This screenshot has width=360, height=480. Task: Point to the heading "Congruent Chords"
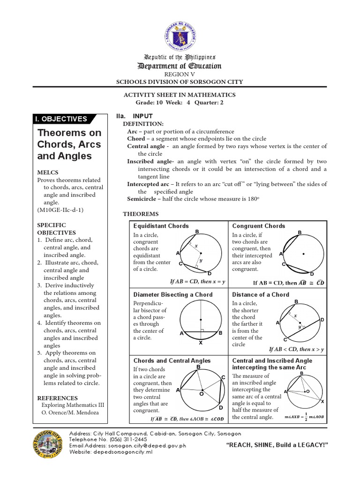258,226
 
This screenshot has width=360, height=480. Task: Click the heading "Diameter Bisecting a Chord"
173,294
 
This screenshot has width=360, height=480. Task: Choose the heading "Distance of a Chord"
261,294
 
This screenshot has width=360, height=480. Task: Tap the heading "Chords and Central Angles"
172,360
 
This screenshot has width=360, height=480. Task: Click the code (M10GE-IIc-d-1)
60,210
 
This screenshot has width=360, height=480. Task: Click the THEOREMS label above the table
141,214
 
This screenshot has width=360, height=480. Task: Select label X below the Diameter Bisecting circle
201,343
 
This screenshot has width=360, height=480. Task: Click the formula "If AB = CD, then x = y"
197,282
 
